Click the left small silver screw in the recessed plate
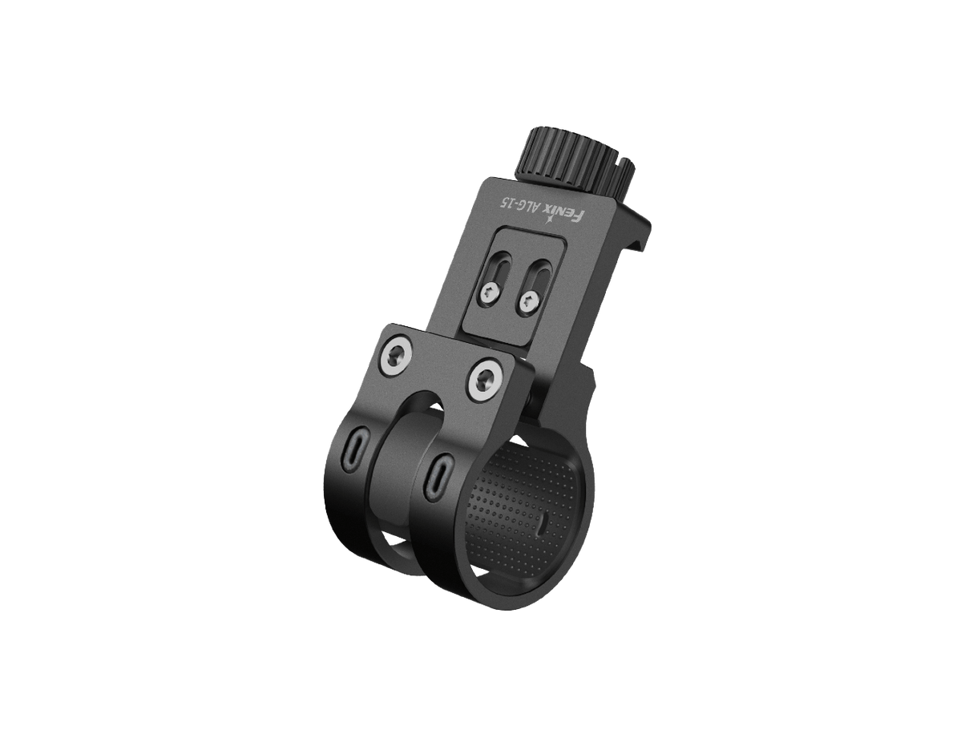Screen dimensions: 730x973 coord(491,294)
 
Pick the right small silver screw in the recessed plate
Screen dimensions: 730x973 coord(528,302)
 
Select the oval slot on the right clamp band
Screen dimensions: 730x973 coord(438,474)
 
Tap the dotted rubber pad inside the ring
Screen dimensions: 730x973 coord(513,513)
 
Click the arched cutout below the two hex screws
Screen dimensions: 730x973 coord(418,405)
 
